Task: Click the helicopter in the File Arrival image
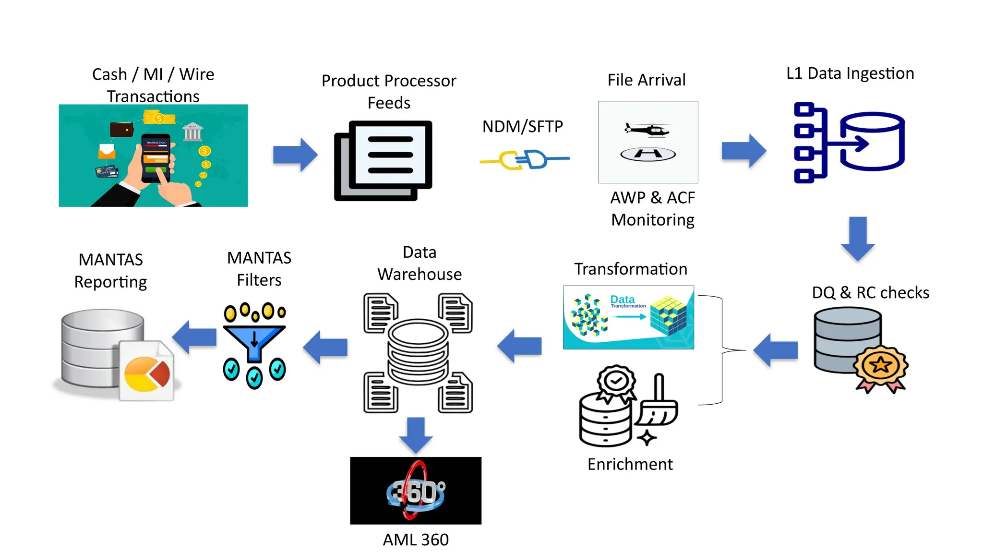647,129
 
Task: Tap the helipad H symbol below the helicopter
648,154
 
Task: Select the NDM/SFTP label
522,127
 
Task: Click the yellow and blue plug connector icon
524,159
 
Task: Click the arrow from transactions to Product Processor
295,155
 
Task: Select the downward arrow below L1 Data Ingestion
858,238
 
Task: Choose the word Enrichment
630,464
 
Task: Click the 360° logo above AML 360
416,491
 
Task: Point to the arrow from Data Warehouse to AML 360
416,435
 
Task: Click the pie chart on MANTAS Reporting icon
146,374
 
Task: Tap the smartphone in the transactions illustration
156,158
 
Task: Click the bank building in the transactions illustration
192,132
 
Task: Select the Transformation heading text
630,269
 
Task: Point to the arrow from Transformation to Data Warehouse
519,346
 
